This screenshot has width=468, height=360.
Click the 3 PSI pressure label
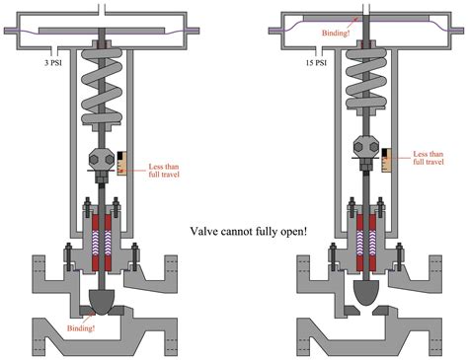coord(53,62)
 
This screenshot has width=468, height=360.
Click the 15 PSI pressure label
coord(316,62)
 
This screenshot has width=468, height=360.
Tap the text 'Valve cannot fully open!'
coord(249,231)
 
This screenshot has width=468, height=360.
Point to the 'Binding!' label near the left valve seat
coord(81,327)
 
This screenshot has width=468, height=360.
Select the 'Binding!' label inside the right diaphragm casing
coord(336,33)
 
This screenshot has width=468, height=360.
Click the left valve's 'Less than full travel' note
coord(164,171)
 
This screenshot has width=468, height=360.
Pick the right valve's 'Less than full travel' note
coord(429,158)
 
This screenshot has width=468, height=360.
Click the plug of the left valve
coord(102,302)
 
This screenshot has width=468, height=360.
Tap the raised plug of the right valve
coord(366,292)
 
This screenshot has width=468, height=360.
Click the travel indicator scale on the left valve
coord(121,163)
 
